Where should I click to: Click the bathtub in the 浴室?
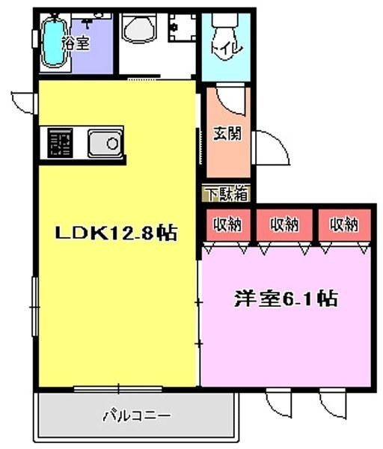point(53,43)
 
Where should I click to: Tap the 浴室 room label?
point(76,44)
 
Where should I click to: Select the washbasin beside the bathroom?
point(139,28)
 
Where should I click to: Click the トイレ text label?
point(227,49)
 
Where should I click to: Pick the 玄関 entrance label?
point(228,133)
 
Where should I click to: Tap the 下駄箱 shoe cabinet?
point(226,194)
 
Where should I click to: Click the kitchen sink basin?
point(105,143)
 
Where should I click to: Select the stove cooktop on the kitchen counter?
point(60,143)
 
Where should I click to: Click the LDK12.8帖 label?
point(116,233)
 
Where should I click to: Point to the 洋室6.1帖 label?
point(287,299)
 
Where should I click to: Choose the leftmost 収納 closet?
point(228,224)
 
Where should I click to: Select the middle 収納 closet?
point(284,224)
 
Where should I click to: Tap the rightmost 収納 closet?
point(344,224)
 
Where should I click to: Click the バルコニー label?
point(137,415)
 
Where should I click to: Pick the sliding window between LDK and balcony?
point(118,389)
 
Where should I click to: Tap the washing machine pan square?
point(182,28)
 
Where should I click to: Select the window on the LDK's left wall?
point(35,306)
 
